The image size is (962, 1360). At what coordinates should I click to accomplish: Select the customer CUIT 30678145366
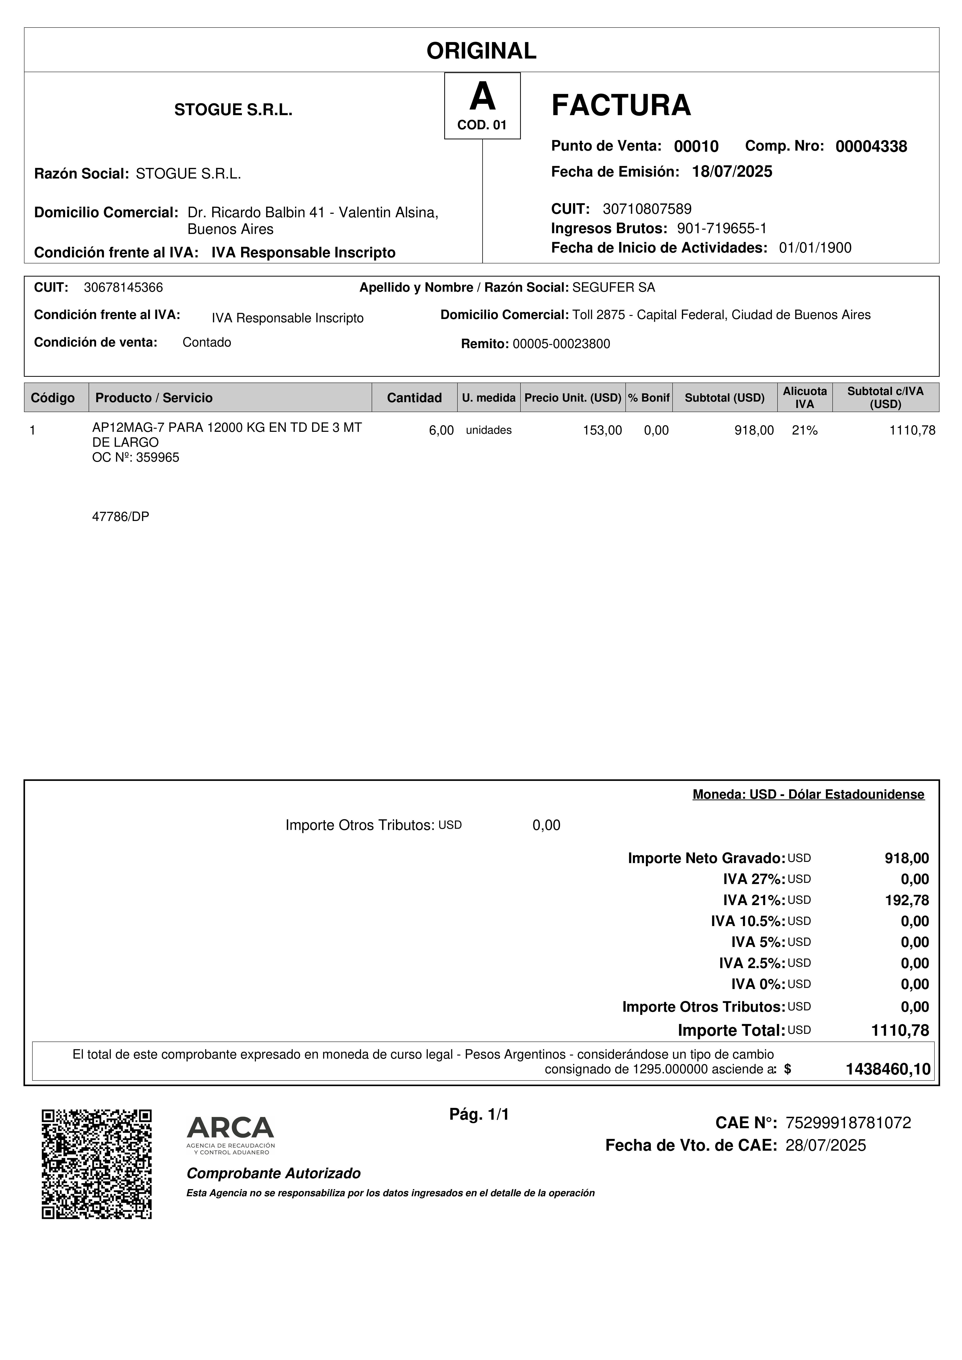[x=123, y=288]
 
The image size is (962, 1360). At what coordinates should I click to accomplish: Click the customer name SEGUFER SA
[x=613, y=288]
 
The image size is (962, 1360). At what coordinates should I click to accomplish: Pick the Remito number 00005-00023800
[x=561, y=344]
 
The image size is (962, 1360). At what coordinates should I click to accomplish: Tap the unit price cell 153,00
[x=602, y=431]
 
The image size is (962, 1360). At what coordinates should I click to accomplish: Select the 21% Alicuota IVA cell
[x=804, y=431]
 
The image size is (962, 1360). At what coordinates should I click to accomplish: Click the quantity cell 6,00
[x=441, y=431]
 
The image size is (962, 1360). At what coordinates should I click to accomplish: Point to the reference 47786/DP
[x=120, y=517]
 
